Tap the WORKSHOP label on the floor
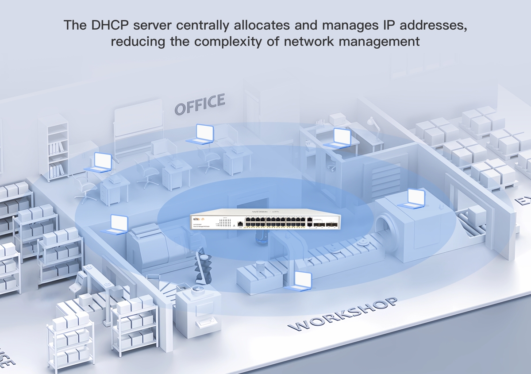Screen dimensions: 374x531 [x=342, y=315]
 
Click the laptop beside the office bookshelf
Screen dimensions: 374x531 [x=100, y=162]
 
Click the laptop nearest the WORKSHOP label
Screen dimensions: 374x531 [x=300, y=281]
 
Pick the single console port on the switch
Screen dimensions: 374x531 [x=239, y=224]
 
